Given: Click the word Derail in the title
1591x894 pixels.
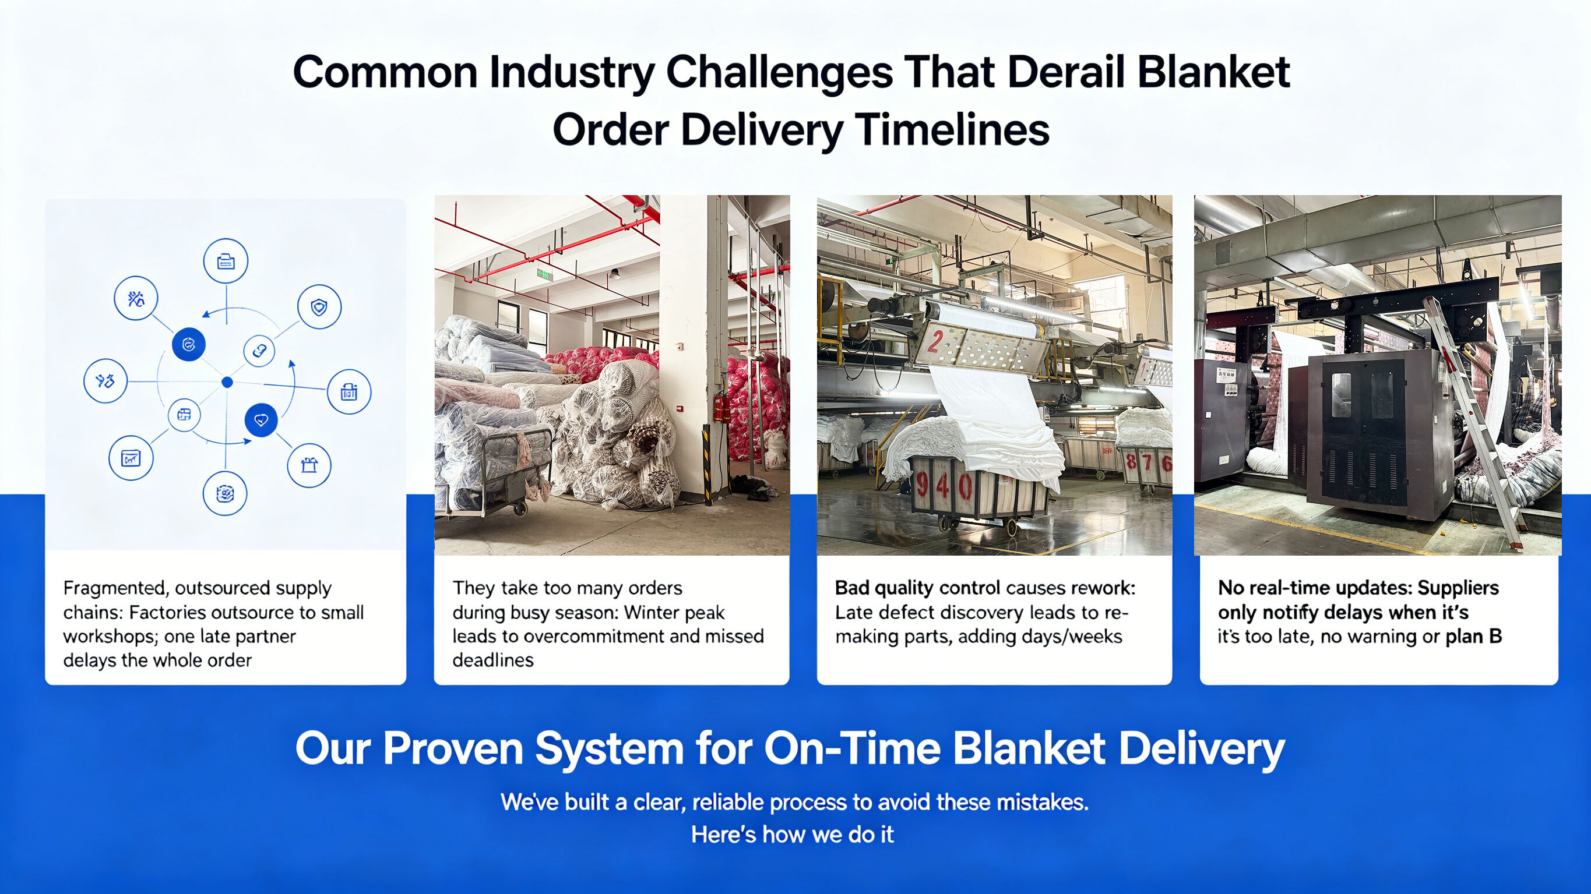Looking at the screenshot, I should (1066, 72).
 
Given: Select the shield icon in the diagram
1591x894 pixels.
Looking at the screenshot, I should (319, 306).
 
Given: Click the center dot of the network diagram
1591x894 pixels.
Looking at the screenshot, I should (227, 382).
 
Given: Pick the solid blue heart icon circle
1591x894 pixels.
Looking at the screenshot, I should (261, 421).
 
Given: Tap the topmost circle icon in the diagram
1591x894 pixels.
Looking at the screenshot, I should (226, 261).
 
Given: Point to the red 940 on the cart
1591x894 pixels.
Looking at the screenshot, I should (942, 486).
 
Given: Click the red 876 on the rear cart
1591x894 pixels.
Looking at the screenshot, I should (1148, 462).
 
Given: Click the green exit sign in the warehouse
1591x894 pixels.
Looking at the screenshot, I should (543, 274).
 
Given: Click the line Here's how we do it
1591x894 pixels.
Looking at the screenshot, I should (793, 835).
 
